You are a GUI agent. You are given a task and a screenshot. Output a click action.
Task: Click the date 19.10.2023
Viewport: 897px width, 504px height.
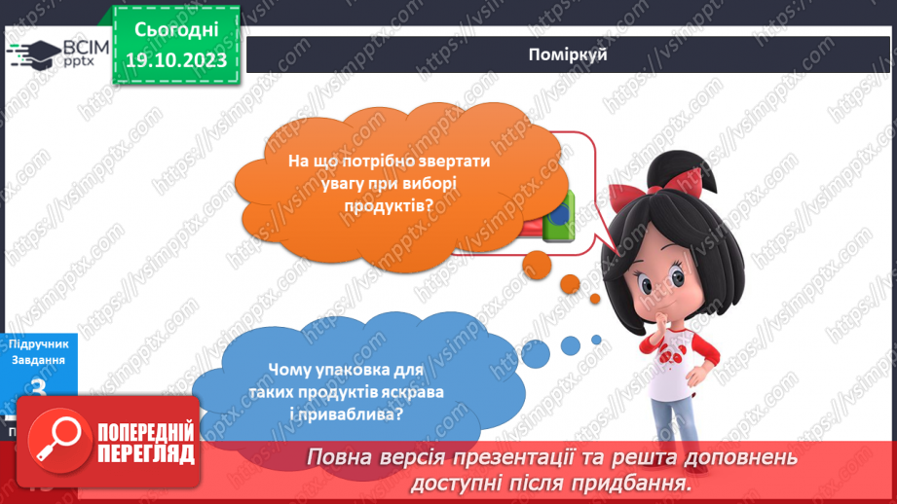coord(176,60)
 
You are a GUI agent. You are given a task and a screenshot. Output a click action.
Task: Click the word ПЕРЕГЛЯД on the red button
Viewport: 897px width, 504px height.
coord(145,454)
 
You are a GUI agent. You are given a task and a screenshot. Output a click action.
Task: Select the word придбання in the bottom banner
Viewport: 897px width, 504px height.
coord(634,483)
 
